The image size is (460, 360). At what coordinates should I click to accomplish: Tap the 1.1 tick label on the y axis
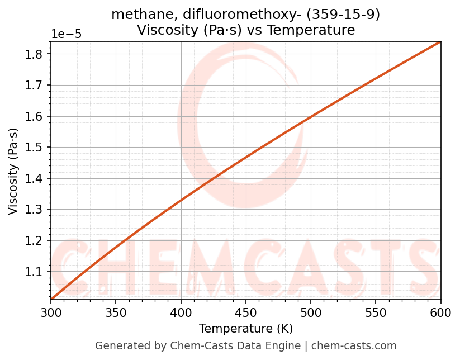[35, 272]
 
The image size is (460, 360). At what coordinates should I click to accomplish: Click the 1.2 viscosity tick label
[35, 241]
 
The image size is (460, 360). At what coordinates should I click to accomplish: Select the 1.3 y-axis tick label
[35, 210]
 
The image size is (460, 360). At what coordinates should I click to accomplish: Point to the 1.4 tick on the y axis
[35, 179]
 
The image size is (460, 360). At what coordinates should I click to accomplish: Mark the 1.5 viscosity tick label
[35, 148]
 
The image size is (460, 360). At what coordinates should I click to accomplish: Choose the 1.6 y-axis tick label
[35, 117]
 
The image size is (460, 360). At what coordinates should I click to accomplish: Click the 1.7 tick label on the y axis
[35, 86]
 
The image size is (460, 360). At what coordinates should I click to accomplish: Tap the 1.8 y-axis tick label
[35, 54]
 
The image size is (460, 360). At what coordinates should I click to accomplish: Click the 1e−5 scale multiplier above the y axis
[67, 34]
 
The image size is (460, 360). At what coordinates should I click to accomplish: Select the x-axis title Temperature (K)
[246, 329]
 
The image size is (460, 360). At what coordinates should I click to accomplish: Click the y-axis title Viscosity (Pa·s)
[13, 171]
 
